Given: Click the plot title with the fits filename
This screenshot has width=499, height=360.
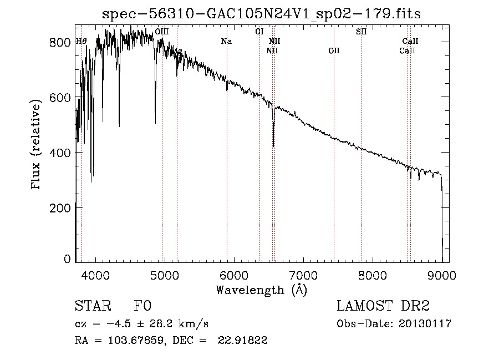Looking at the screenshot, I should click(261, 14).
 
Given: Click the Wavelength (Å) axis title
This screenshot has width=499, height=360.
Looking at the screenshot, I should click(261, 290).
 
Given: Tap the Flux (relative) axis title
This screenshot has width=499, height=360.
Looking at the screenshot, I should click(37, 145).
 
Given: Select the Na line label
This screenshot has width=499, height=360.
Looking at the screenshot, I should click(226, 41).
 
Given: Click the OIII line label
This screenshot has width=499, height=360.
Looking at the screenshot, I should click(162, 32).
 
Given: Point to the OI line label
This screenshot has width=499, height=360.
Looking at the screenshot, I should click(259, 32).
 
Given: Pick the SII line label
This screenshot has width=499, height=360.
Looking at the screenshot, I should click(361, 32).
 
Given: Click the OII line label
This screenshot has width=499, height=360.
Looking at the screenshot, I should click(334, 51).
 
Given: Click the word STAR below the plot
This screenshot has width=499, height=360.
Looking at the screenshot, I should click(93, 306).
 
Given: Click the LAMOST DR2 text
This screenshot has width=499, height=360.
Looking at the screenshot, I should click(383, 306).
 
